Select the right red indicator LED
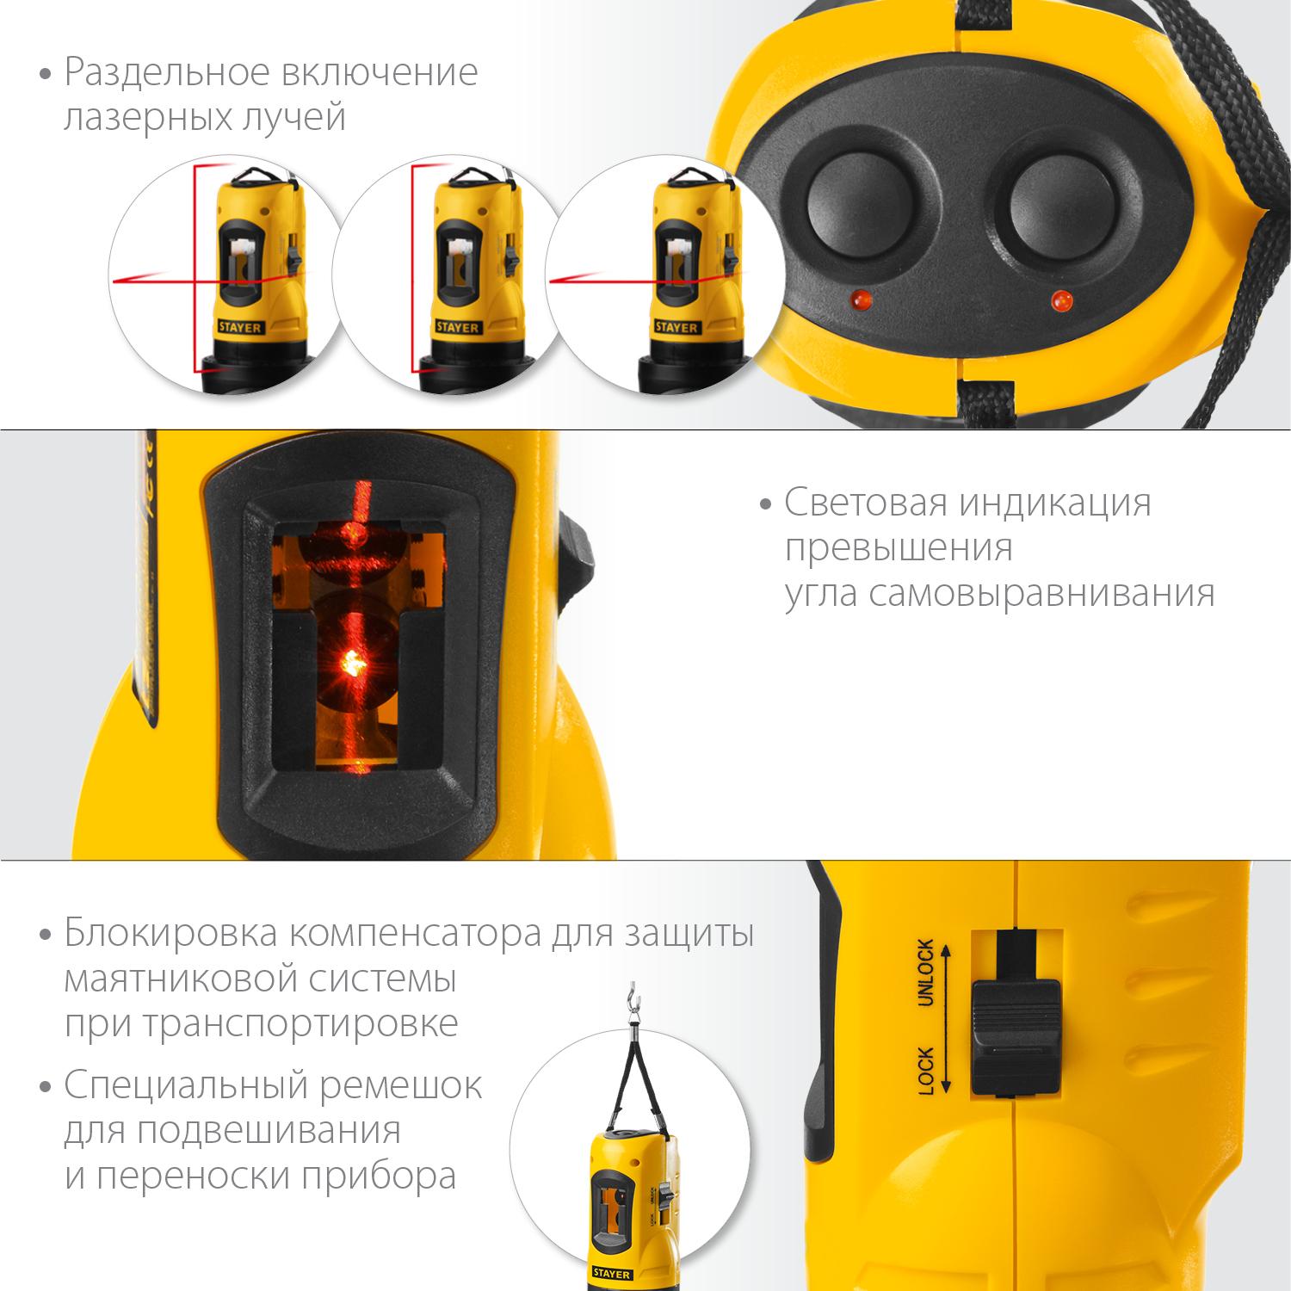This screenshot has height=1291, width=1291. tap(1060, 301)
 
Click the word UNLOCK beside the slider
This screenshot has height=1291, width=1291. tap(925, 973)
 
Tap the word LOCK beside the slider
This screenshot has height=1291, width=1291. tap(926, 1070)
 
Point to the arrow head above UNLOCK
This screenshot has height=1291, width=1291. tap(945, 950)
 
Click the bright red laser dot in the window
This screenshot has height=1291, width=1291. tap(352, 662)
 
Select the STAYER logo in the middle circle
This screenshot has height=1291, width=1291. tap(454, 328)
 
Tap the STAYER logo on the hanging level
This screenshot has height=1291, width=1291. tap(611, 1274)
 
